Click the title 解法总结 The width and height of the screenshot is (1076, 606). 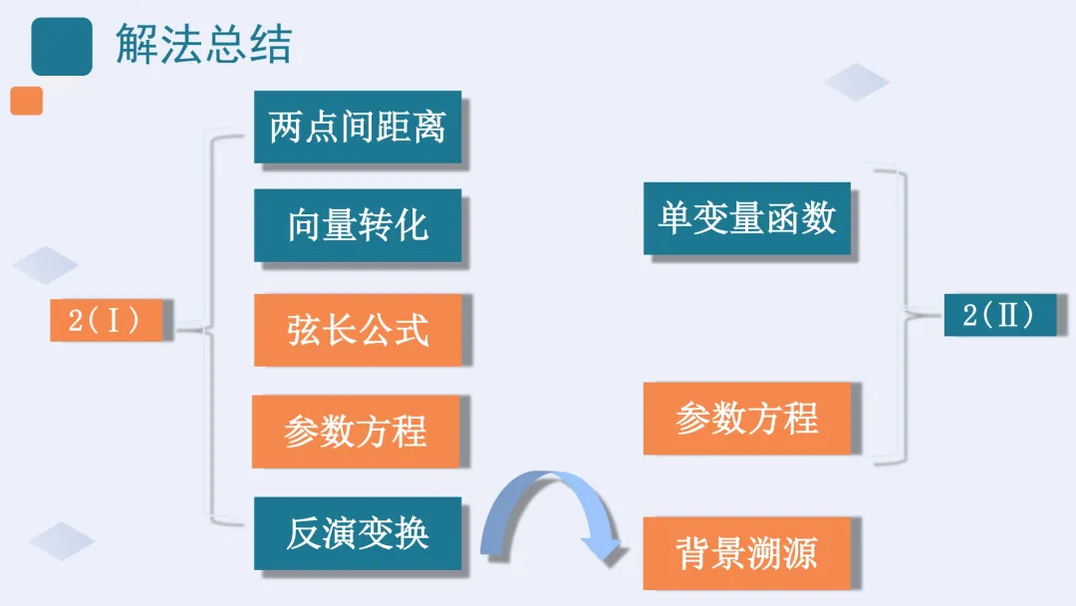tap(203, 45)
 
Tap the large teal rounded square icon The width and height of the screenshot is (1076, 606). tap(62, 46)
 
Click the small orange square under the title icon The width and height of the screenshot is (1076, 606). tap(27, 101)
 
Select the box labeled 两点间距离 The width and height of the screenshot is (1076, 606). tap(358, 128)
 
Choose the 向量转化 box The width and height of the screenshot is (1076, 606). tap(358, 225)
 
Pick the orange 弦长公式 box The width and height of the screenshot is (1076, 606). tap(358, 329)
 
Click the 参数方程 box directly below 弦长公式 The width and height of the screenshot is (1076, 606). tap(356, 432)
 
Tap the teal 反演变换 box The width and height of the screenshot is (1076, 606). tap(358, 533)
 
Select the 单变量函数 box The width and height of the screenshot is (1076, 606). tap(747, 219)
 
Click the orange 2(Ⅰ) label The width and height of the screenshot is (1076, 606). tap(106, 320)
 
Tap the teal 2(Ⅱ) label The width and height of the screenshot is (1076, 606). tap(999, 315)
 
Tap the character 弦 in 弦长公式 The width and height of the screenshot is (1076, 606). tap(304, 329)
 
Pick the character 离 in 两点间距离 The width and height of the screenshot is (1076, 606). tap(429, 128)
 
